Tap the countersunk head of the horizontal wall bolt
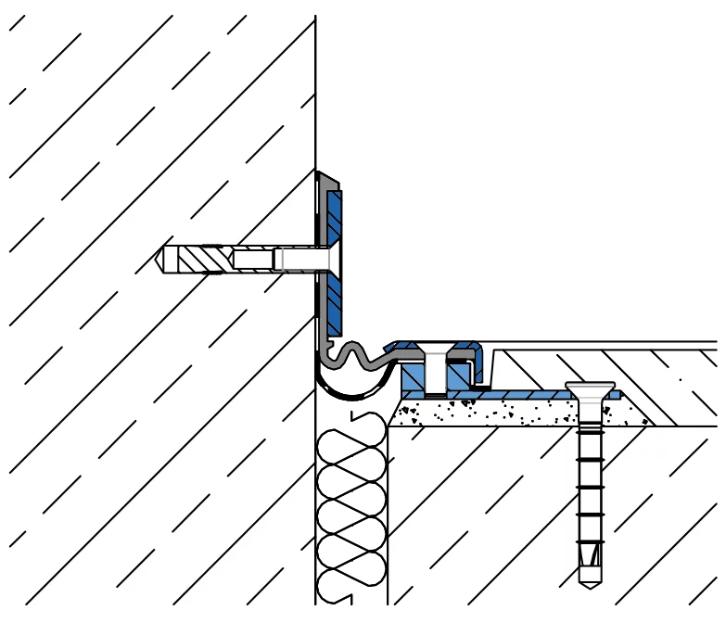coord(328,259)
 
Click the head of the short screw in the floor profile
coord(433,351)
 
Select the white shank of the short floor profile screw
coord(433,373)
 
